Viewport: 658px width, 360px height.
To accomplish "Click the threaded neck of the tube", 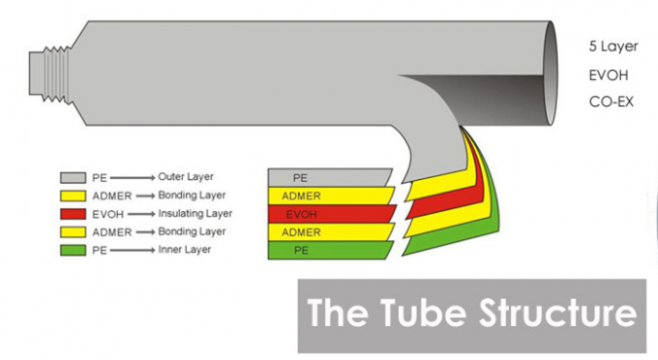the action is [49, 74].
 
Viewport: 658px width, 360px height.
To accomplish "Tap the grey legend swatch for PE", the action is [73, 177].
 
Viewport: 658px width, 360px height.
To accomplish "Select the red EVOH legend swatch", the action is [73, 214].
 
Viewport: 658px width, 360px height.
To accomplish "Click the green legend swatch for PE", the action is [73, 250].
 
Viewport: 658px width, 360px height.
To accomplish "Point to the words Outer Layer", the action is [186, 177].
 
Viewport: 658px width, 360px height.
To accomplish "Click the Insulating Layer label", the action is [195, 214].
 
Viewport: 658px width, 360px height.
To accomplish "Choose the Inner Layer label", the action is [184, 250].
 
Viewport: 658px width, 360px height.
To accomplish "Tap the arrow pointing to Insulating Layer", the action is [141, 214].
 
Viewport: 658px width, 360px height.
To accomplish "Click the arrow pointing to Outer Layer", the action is [133, 178].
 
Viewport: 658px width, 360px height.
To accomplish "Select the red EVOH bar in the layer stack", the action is [332, 214].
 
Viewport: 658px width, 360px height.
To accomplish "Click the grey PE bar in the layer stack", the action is [330, 178].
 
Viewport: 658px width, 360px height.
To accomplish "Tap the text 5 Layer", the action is [613, 46].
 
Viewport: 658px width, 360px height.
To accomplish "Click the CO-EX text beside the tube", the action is [611, 102].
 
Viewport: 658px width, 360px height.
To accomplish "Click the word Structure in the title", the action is [557, 313].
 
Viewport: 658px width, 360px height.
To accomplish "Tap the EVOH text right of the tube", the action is [609, 75].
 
